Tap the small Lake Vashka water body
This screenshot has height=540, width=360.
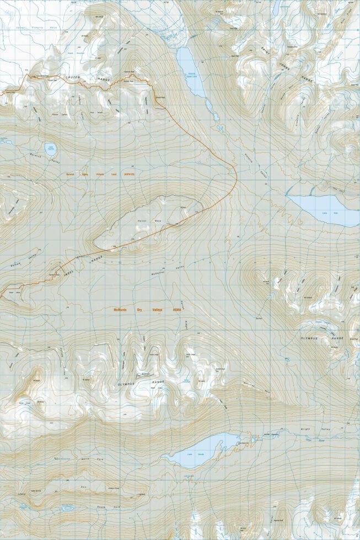(x=50, y=149)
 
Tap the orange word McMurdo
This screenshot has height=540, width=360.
(x=123, y=310)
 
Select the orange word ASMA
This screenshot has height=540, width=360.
(x=178, y=310)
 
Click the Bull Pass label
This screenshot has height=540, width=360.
(x=259, y=318)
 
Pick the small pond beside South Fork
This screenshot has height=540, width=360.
(x=67, y=508)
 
